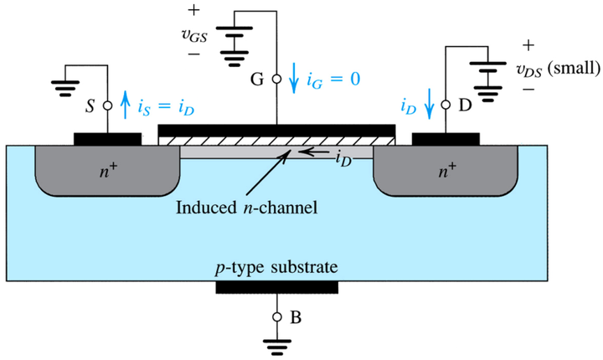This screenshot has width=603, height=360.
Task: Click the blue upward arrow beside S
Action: point(125,105)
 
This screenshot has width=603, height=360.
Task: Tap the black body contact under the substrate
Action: point(277,287)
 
